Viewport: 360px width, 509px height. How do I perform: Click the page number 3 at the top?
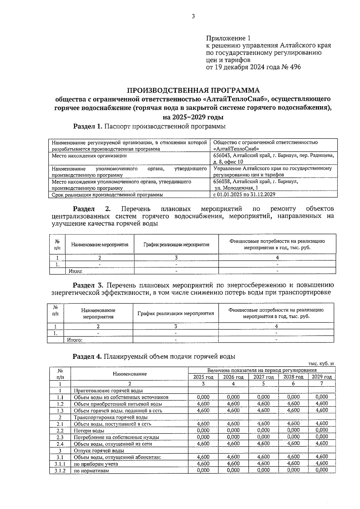pos(193,16)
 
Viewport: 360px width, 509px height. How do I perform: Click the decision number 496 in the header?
pos(295,67)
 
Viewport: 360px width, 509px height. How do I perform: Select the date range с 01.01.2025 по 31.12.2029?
pos(244,195)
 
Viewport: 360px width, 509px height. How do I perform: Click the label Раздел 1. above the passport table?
pos(88,127)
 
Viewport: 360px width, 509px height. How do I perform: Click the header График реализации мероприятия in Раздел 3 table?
pos(175,314)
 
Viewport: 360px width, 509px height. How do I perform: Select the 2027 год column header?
pos(263,377)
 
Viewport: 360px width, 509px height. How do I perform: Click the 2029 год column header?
pos(322,377)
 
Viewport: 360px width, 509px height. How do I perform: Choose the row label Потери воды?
pos(89,430)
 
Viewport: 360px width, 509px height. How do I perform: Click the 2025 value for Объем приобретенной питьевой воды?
pos(203,404)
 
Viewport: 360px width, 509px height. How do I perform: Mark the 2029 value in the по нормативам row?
pos(322,470)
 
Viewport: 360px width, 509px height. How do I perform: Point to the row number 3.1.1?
pos(60,464)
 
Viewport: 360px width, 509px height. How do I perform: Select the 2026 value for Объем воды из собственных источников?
pos(233,397)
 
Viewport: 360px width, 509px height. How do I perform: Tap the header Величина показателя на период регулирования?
pos(262,370)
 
